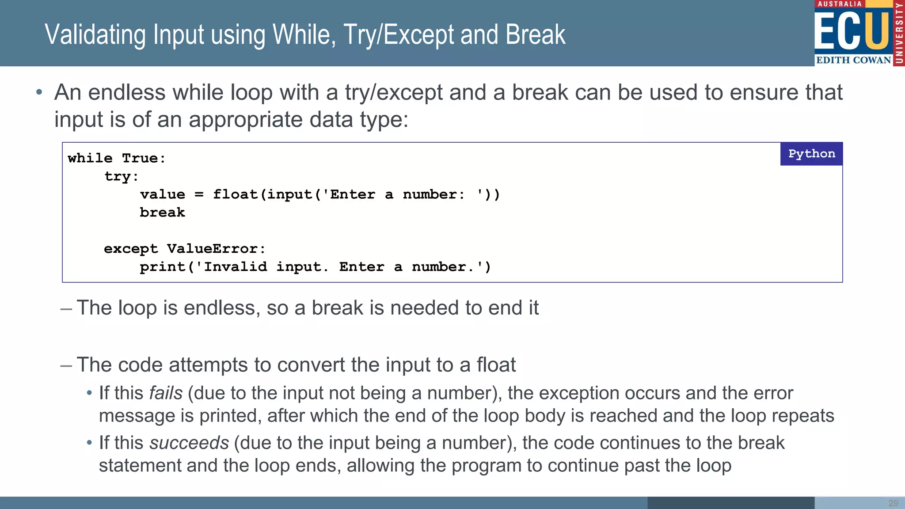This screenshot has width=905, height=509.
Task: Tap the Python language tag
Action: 811,154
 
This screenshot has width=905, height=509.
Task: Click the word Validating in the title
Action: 95,35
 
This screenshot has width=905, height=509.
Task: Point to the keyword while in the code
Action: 90,158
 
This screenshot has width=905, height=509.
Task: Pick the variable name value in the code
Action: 163,194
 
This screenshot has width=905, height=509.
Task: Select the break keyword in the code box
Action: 163,213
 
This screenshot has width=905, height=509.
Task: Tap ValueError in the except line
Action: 213,249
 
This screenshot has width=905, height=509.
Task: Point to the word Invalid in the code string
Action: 235,267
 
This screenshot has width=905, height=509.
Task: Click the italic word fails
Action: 166,393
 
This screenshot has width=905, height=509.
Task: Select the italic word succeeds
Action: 189,443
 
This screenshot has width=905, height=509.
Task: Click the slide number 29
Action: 893,503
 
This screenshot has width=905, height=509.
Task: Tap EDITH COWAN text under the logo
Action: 853,60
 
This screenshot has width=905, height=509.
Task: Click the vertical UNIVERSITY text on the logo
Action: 899,33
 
